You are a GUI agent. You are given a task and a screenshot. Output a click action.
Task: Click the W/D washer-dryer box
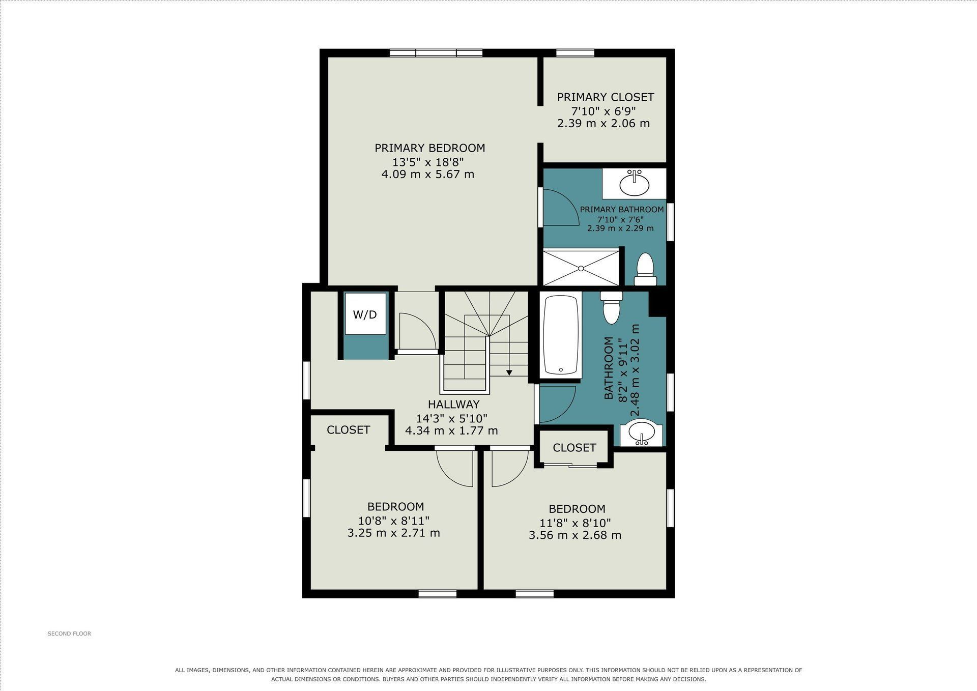365,314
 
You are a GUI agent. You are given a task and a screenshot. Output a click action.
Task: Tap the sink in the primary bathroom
634,184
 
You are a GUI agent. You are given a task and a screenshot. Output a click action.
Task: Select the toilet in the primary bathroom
645,269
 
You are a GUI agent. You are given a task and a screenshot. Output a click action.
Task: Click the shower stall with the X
581,267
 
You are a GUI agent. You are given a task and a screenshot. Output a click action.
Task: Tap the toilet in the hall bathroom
611,307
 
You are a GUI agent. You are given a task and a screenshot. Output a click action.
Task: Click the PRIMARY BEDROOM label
430,148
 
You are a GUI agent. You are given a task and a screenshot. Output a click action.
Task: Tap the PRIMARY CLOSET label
606,97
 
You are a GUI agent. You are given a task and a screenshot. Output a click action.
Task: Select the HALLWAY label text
453,405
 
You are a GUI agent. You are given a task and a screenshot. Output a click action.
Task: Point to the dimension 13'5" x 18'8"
428,162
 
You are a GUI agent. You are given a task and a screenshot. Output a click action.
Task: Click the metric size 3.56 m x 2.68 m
575,535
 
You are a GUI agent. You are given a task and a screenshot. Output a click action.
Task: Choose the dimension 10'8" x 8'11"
394,521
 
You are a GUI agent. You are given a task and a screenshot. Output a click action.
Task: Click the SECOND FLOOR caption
69,634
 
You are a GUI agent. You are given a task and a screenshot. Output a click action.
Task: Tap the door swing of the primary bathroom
561,207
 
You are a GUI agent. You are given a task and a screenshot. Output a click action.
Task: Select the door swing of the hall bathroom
558,405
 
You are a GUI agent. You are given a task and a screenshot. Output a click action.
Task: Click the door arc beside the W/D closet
418,331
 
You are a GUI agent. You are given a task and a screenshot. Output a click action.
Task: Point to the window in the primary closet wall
576,52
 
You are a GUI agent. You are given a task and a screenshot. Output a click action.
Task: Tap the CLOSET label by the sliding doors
574,448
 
